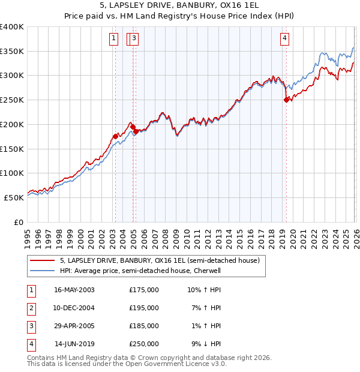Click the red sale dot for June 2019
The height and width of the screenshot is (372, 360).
[286, 100]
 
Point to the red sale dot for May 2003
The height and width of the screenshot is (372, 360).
[115, 137]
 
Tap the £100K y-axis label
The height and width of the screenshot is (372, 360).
[13, 173]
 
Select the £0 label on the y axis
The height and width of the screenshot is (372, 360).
[19, 222]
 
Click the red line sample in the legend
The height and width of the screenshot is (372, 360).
[43, 261]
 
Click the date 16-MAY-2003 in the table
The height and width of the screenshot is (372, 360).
[74, 290]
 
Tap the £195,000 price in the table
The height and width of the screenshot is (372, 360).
[144, 308]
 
